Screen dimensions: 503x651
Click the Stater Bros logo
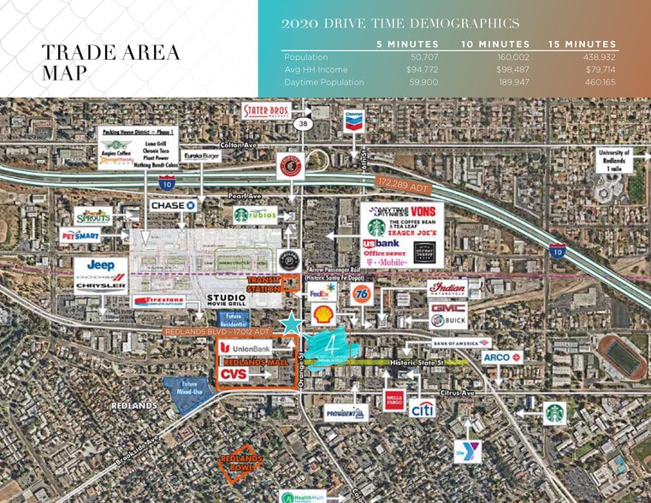click(x=266, y=111)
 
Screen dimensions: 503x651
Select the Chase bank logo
click(x=174, y=205)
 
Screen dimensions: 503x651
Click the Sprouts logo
click(x=92, y=216)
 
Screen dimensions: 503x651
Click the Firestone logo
click(x=158, y=301)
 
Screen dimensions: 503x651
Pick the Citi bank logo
click(x=422, y=409)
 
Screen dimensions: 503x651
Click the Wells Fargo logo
click(x=394, y=399)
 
